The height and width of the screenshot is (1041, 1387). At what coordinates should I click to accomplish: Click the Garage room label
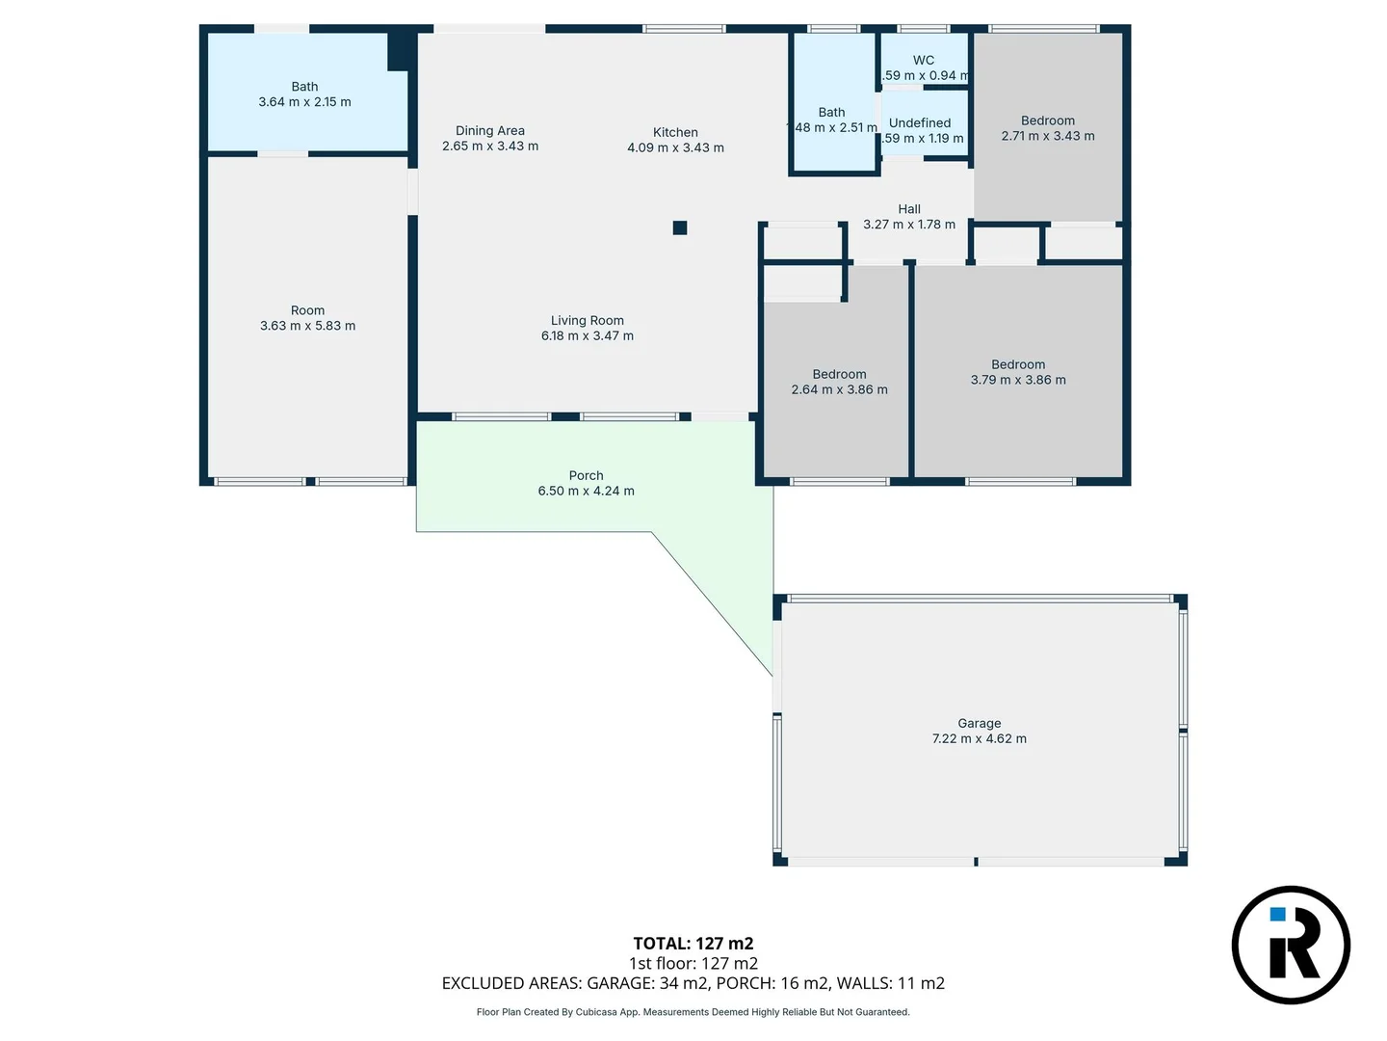coord(979,723)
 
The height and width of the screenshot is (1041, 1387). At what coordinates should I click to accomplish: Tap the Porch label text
coord(586,475)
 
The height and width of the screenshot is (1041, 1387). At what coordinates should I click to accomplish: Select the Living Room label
coord(587,320)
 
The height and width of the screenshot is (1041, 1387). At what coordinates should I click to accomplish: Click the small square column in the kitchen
coord(680,227)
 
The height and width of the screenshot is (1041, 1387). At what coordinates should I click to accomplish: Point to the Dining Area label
coord(489,130)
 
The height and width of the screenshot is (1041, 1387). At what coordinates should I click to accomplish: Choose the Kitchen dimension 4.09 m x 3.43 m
coord(675,147)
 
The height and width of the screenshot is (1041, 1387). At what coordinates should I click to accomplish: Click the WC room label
coord(923,60)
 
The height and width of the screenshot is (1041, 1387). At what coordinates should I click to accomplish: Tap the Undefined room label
coord(919,122)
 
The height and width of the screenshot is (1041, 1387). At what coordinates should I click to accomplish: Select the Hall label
coord(908,208)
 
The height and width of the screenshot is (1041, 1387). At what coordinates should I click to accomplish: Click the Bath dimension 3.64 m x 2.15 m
coord(304,101)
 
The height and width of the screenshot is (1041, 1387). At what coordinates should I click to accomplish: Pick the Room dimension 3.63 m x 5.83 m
coord(307,326)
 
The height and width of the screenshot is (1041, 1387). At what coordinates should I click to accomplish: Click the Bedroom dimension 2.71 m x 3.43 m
coord(1047,136)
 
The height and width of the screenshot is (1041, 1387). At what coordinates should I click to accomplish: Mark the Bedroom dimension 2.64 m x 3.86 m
coord(839,389)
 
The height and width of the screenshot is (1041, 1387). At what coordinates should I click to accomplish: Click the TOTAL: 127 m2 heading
coord(693,944)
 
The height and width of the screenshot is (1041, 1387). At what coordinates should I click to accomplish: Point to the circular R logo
coord(1291,945)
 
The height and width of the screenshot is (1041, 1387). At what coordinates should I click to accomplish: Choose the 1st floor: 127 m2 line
coord(693,963)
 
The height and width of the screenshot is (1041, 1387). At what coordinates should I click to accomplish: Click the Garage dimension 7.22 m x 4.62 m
coord(979,738)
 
